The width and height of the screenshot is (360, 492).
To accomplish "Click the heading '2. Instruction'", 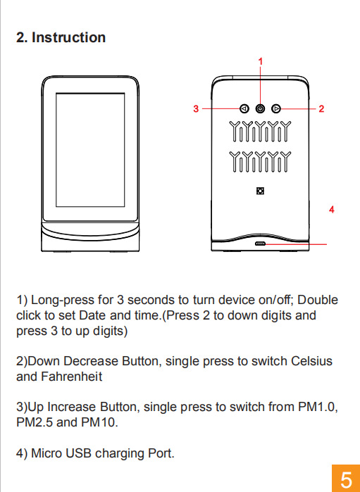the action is point(61,37).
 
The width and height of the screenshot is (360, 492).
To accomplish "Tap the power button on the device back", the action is point(260,109).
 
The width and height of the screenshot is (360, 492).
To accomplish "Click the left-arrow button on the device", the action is point(244,109).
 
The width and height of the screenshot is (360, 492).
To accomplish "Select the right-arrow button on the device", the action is point(276,108).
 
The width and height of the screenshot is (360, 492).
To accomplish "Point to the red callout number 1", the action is point(260,61).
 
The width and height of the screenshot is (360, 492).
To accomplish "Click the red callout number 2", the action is point(321,108).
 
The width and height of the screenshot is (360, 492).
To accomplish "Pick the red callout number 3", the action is point(196,108).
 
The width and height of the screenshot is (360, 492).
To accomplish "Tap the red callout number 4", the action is point(331,209).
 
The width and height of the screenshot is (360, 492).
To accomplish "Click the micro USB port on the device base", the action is point(260,244).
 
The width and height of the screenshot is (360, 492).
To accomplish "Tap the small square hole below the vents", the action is point(260,191).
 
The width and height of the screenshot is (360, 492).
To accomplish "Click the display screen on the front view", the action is point(90,150).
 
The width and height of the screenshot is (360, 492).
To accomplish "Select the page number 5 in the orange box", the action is point(346,480).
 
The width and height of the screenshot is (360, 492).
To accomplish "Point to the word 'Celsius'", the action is point(311,361).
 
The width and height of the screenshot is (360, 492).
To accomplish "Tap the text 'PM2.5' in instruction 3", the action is point(35,422).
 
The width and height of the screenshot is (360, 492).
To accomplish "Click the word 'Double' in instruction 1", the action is point(318,300).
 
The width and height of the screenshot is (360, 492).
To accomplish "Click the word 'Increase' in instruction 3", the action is point(71,407).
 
